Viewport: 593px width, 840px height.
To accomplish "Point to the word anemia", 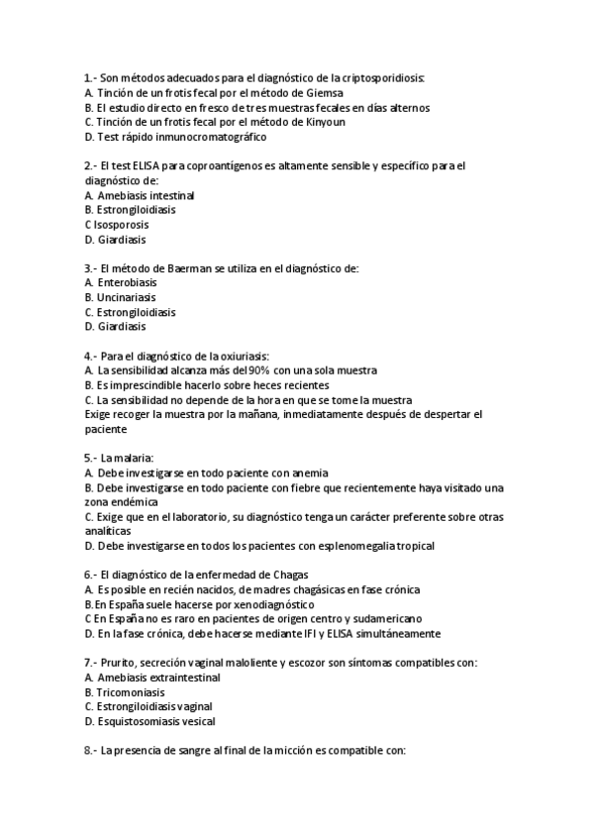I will [310, 472].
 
